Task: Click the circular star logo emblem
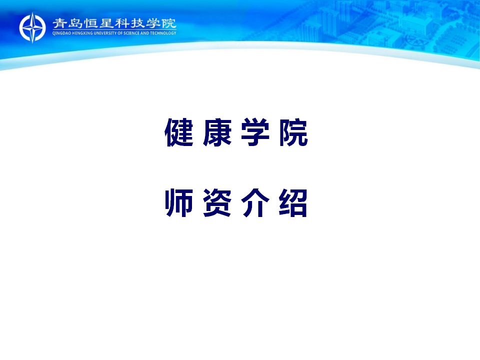point(32,27)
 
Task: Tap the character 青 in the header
point(59,23)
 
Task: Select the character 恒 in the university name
point(91,23)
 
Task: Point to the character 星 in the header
point(106,23)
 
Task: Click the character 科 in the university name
point(122,23)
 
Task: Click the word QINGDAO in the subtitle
point(61,33)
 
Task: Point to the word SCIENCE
point(131,33)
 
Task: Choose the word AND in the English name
point(145,33)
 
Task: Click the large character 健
point(179,132)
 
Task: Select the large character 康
point(217,132)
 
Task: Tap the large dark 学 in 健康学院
point(255,132)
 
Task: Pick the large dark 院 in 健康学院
point(293,132)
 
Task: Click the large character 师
point(179,202)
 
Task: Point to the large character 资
point(217,202)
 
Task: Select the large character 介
point(255,202)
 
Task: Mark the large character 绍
point(293,202)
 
